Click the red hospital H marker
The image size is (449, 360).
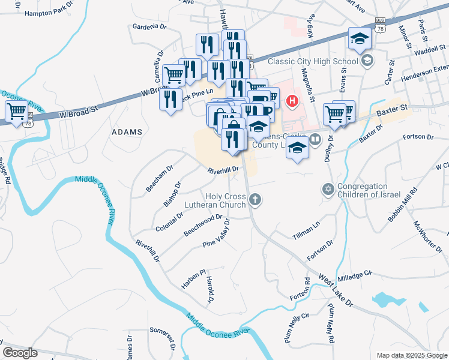pos(292,101)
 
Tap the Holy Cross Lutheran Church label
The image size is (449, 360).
pos(226,200)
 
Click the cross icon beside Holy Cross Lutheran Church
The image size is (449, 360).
pos(256,200)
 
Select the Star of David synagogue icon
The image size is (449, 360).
pos(328,190)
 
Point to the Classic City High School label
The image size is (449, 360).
pos(312,61)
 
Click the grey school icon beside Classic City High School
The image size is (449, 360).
pos(367,60)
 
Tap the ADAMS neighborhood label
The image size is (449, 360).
pos(127,131)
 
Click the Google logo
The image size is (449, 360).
pos(20,353)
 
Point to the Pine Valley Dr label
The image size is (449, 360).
pos(217,233)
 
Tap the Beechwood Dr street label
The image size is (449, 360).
pos(203,226)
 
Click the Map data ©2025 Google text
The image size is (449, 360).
pos(411,355)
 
